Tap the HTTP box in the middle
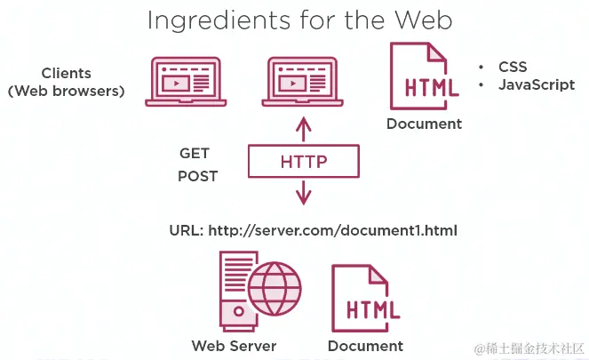point(304,162)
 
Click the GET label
point(195,154)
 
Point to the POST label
point(197,176)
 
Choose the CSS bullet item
point(513,67)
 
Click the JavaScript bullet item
point(537,85)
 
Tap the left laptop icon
point(184,81)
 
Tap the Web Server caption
point(234,346)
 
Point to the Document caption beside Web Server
point(365,346)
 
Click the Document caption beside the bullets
point(424,124)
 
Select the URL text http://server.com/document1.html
point(332,231)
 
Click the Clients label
point(66,73)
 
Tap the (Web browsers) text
point(66,91)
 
